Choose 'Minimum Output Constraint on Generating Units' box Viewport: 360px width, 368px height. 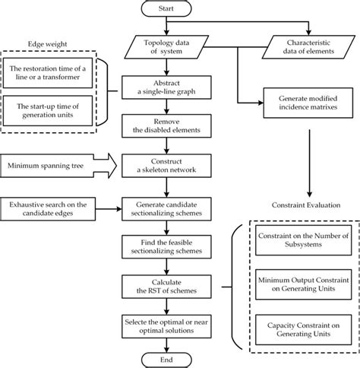pos(303,284)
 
